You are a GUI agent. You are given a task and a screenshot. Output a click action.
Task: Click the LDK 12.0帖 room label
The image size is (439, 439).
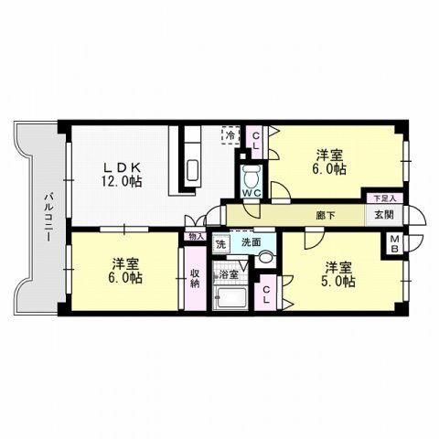tap(121, 175)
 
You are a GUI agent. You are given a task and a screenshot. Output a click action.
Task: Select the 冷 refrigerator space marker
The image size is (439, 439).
tap(230, 137)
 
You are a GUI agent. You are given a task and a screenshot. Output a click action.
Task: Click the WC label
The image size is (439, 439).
tap(253, 192)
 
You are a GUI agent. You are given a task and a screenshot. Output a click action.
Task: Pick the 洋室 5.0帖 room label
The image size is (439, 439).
tap(338, 274)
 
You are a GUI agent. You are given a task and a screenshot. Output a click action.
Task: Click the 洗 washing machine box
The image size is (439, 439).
tap(220, 244)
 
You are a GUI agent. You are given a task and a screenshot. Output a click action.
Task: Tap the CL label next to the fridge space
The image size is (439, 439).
tap(256, 139)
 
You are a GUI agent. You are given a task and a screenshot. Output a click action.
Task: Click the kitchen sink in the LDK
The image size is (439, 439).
tap(193, 170)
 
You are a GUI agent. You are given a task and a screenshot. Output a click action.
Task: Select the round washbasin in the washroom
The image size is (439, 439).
tap(264, 259)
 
